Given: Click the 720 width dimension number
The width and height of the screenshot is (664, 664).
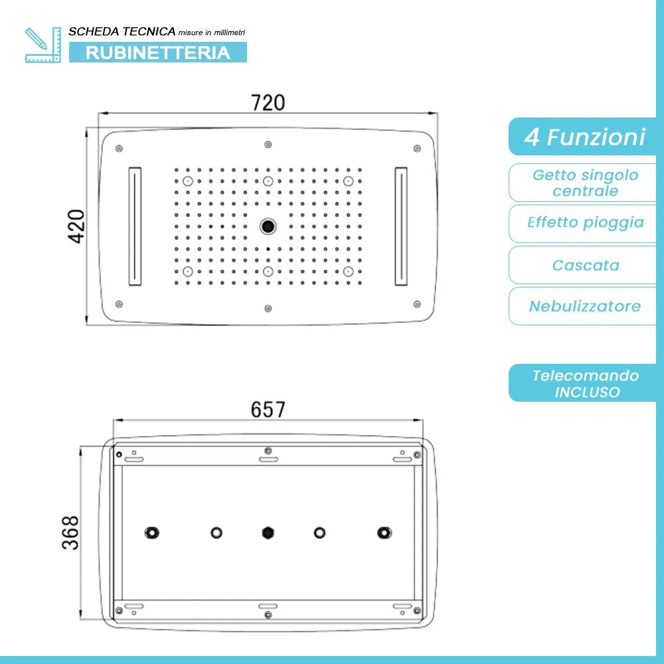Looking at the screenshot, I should [x=268, y=103].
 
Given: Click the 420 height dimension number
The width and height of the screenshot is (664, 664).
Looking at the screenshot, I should [x=77, y=226].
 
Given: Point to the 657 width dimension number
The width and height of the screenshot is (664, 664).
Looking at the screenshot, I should [x=268, y=410].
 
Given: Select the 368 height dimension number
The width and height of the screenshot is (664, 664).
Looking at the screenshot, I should [x=70, y=533].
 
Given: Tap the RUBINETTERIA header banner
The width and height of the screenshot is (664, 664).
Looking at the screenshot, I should [x=158, y=52].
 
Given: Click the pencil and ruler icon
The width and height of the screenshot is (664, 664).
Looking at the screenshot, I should [x=42, y=45].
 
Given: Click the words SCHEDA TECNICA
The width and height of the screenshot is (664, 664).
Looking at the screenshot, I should [x=122, y=31].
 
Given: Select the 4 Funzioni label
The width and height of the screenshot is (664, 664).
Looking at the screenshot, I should [x=584, y=137].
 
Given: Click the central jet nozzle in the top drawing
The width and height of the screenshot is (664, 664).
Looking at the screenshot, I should [x=268, y=226].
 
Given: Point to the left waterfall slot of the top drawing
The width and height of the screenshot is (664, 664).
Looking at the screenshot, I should [x=135, y=226].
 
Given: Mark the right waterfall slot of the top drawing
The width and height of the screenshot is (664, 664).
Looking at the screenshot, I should [x=401, y=226].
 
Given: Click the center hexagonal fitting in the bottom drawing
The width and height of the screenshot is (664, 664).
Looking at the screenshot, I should [x=268, y=533].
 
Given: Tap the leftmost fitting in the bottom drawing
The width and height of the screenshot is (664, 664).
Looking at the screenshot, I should [x=152, y=533].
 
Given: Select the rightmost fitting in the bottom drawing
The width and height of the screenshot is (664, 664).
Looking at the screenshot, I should [x=383, y=533].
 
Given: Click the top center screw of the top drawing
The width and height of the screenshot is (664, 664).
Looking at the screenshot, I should [x=268, y=144].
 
